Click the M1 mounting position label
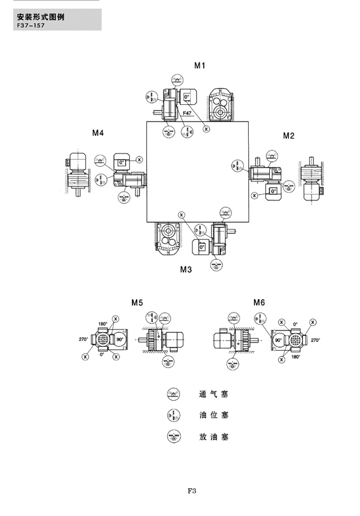199,65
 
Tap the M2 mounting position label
289,135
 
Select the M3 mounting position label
186,270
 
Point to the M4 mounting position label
98,132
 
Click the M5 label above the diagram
137,303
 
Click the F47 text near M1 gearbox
188,114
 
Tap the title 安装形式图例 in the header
42,17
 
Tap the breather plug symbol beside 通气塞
173,395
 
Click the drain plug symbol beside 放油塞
173,436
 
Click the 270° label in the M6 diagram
315,340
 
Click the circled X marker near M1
206,129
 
